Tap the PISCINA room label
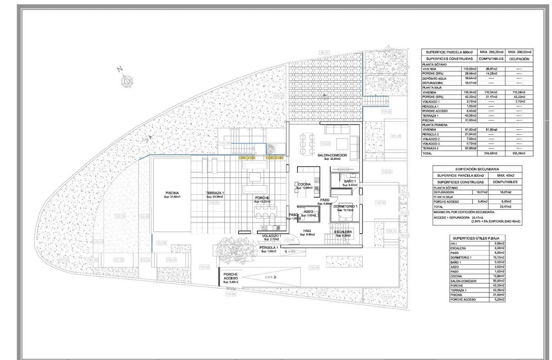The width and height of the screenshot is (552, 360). (x=172, y=193)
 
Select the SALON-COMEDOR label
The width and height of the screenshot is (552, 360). (x=332, y=155)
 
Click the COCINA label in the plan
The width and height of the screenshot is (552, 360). (x=304, y=184)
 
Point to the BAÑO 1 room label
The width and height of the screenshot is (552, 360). (x=349, y=181)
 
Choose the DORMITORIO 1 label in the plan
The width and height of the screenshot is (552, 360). (x=345, y=206)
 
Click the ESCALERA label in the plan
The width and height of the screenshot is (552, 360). (x=343, y=232)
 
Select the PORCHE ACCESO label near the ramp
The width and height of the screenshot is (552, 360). (x=230, y=276)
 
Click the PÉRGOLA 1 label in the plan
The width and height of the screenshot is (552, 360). (x=269, y=247)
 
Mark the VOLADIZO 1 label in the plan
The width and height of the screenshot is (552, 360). (x=271, y=236)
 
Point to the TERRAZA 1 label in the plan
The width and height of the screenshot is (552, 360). (x=215, y=193)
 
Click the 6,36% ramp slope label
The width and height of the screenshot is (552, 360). (x=269, y=277)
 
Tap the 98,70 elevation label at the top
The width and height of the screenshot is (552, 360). (x=324, y=52)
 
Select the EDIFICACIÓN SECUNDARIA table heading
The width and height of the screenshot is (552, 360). (x=477, y=169)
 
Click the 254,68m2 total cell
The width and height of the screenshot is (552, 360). (x=491, y=153)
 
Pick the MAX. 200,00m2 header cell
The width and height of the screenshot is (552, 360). (x=520, y=52)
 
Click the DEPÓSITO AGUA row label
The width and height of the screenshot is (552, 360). (x=434, y=78)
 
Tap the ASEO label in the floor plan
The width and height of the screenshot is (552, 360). (x=308, y=212)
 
